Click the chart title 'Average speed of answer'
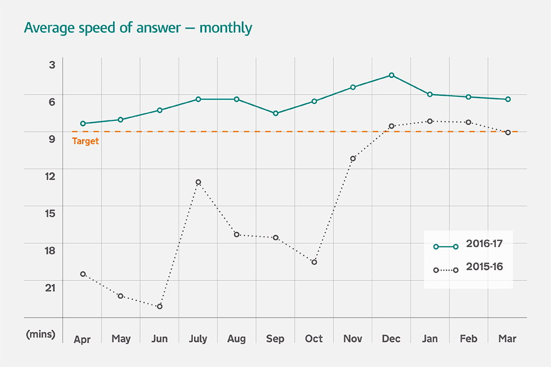138,28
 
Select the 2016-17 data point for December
391,75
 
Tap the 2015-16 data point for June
160,306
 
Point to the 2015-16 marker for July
198,182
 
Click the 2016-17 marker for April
83,123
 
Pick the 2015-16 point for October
314,262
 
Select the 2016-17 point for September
275,114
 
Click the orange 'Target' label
86,141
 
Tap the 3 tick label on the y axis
52,65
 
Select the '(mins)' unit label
41,334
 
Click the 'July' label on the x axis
198,339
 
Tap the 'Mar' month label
507,339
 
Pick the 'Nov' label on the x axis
353,339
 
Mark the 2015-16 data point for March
508,132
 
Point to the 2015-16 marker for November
353,158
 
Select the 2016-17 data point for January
430,94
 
